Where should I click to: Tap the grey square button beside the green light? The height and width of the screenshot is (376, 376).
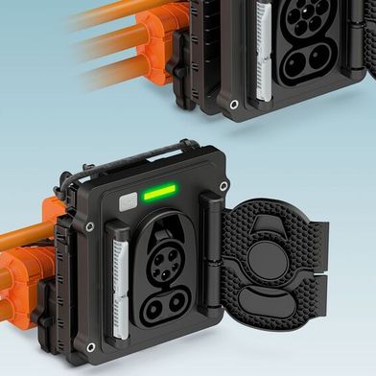tap(127, 202)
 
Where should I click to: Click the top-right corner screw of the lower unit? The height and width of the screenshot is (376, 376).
tap(223, 186)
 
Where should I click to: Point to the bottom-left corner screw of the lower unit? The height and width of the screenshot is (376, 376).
tap(90, 347)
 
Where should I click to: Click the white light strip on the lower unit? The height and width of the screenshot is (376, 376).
tap(120, 278)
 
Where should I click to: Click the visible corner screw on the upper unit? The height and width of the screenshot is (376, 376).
tap(232, 103)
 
